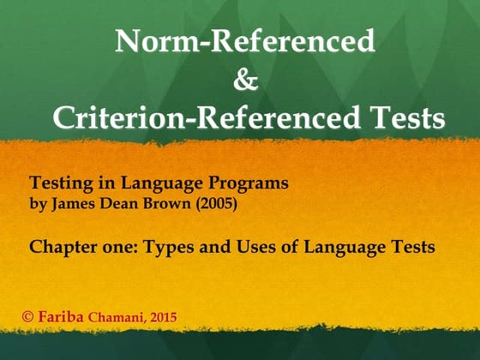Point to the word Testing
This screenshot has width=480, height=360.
61,183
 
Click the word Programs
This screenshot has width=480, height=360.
245,183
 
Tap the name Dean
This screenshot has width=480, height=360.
115,206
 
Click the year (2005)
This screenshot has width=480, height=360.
205,206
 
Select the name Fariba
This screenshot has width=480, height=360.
63,317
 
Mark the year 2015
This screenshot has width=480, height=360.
162,318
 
